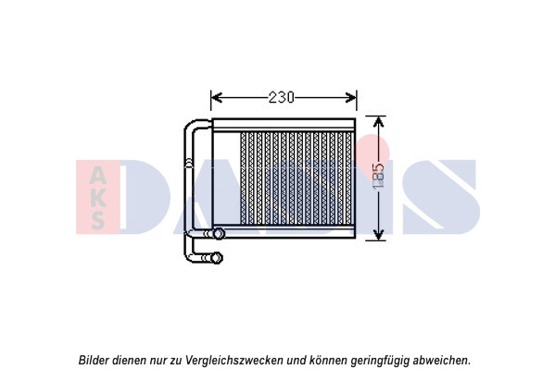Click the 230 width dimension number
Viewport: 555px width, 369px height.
pyautogui.click(x=282, y=97)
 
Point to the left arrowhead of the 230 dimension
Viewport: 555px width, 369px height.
pyautogui.click(x=216, y=97)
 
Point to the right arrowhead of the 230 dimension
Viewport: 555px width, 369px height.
pyautogui.click(x=351, y=97)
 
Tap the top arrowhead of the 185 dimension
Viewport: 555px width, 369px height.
pyautogui.click(x=379, y=122)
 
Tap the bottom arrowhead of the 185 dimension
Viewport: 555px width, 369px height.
pyautogui.click(x=379, y=235)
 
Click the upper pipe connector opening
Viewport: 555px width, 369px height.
pyautogui.click(x=219, y=233)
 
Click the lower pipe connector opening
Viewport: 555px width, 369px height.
pyautogui.click(x=217, y=258)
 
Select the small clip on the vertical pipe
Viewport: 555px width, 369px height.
pyautogui.click(x=189, y=163)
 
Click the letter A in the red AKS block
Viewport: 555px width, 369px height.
pyautogui.click(x=97, y=176)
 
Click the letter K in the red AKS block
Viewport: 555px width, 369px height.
pyautogui.click(x=97, y=198)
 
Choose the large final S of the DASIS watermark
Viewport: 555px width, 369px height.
pyautogui.click(x=441, y=196)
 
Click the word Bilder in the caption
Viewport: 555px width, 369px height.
pyautogui.click(x=94, y=360)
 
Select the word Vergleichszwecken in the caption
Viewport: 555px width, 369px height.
pyautogui.click(x=234, y=361)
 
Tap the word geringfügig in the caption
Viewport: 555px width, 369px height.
pyautogui.click(x=380, y=361)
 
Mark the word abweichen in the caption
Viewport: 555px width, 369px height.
pyautogui.click(x=440, y=360)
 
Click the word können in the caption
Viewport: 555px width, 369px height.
pyautogui.click(x=328, y=360)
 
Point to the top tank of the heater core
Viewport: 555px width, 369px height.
pyautogui.click(x=284, y=125)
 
